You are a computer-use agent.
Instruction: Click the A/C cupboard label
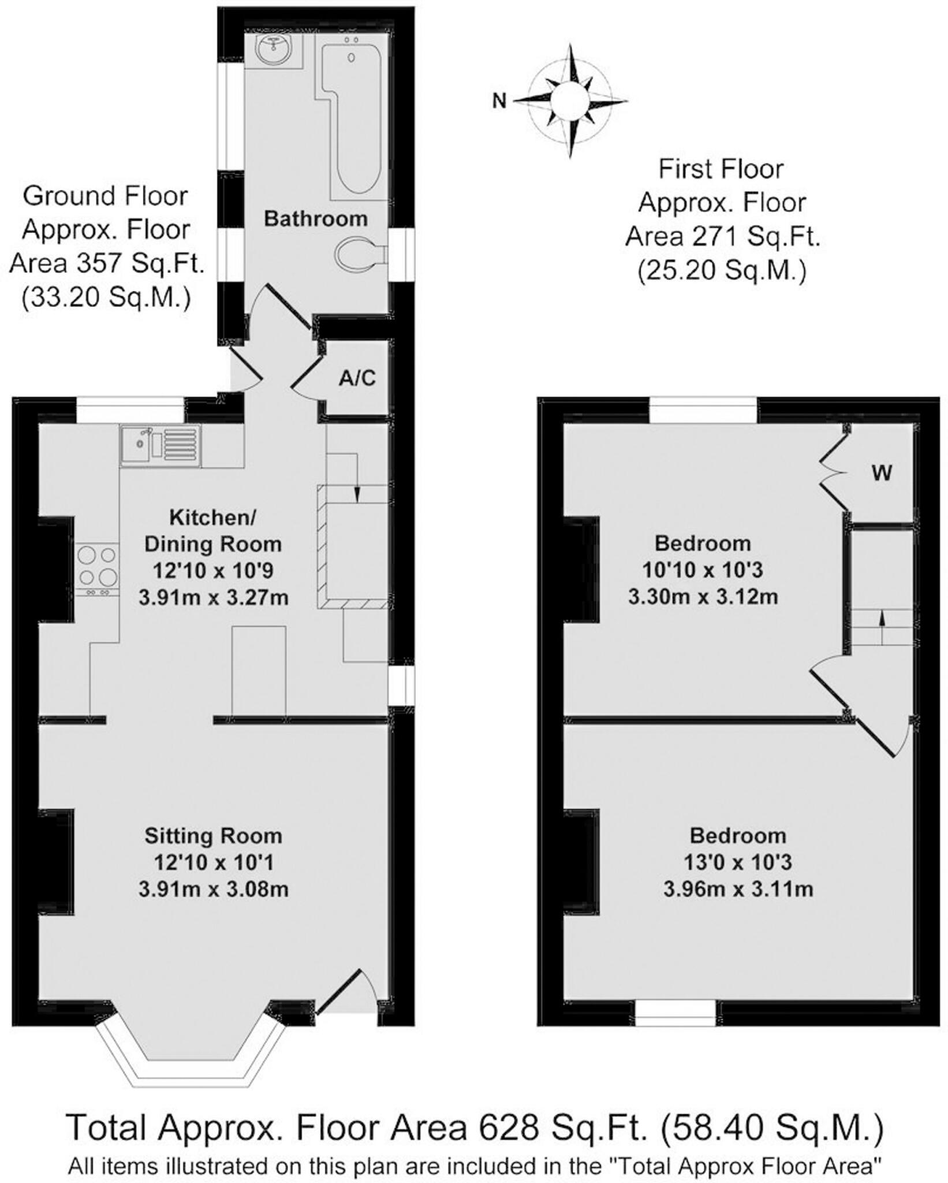[357, 378]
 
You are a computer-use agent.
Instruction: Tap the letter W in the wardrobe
[882, 473]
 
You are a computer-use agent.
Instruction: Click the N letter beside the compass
[499, 101]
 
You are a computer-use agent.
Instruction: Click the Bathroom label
[316, 219]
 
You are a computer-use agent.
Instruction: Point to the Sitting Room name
[213, 836]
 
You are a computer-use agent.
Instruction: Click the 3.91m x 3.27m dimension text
[213, 597]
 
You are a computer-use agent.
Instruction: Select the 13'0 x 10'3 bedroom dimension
[737, 862]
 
